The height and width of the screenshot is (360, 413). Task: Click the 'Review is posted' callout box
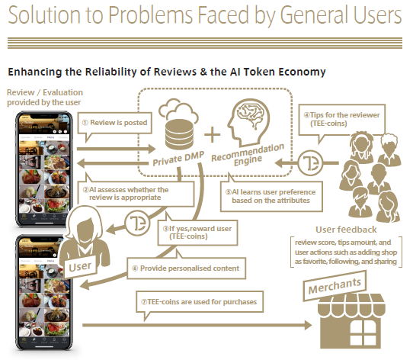(114, 123)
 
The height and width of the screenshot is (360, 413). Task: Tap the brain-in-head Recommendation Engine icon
(248, 121)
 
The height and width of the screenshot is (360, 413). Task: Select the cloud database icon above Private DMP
(178, 124)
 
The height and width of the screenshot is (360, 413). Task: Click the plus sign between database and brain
(212, 134)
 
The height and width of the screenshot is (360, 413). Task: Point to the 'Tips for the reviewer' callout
(342, 120)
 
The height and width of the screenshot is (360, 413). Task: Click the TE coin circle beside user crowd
(311, 162)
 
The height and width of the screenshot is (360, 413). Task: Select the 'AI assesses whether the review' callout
(136, 194)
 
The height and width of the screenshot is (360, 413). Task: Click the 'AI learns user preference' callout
(271, 196)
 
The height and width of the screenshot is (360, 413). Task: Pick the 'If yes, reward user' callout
(198, 233)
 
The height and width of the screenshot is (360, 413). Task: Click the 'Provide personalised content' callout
(187, 268)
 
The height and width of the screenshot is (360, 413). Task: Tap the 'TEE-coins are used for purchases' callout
(200, 302)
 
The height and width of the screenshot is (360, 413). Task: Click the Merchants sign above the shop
(335, 286)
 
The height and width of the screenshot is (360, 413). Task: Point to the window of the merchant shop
(363, 333)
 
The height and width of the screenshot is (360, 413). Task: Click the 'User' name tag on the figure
(80, 267)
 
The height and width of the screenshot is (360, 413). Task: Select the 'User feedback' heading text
(346, 230)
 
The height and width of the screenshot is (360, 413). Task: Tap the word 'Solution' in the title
(44, 14)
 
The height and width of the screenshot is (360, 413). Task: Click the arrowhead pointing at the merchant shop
(308, 325)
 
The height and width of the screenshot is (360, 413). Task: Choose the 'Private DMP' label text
(178, 159)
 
